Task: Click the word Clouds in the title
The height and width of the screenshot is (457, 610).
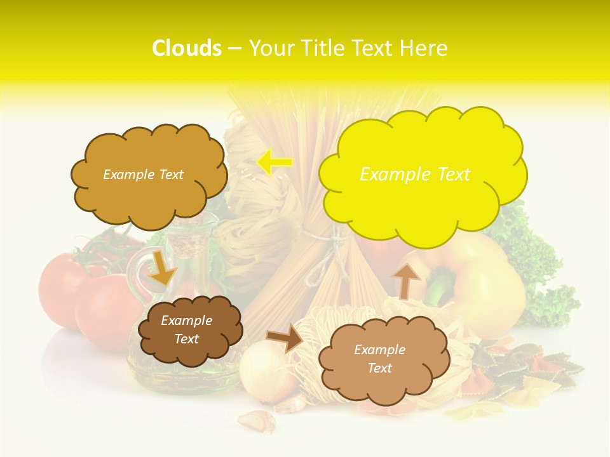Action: (x=187, y=48)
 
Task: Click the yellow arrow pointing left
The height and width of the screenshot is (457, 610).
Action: (x=274, y=162)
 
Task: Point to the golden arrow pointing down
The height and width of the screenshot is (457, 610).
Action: (x=162, y=268)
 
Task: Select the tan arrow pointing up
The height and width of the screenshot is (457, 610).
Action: (x=407, y=280)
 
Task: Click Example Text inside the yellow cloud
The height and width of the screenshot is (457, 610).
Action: (x=415, y=174)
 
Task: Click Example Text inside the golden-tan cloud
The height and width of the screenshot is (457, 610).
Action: (x=143, y=174)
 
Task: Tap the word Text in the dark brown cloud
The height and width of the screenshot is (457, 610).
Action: (x=186, y=339)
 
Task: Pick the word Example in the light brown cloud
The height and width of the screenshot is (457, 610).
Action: (x=379, y=350)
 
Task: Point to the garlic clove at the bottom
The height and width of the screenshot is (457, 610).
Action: (x=256, y=420)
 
